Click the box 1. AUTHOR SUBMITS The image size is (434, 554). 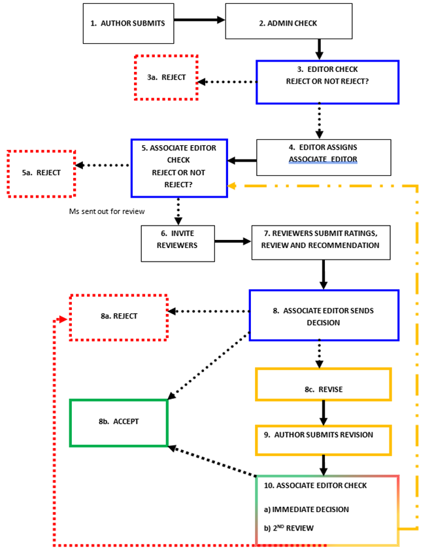pos(128,23)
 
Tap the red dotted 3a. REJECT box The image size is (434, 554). pos(166,77)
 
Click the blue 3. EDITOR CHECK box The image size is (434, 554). pos(327,82)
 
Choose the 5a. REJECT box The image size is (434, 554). pos(41,173)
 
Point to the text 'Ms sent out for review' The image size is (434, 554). pos(107,211)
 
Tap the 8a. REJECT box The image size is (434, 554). pos(119,317)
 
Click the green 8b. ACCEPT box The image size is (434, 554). pos(118,422)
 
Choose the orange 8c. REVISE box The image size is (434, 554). pos(323,389)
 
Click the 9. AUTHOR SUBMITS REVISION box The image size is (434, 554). pos(323,435)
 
